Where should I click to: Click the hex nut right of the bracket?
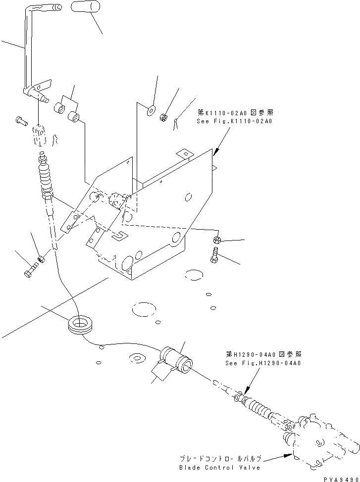(216, 240)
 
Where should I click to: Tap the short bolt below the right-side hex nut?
(214, 256)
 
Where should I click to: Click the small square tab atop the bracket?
(184, 154)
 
